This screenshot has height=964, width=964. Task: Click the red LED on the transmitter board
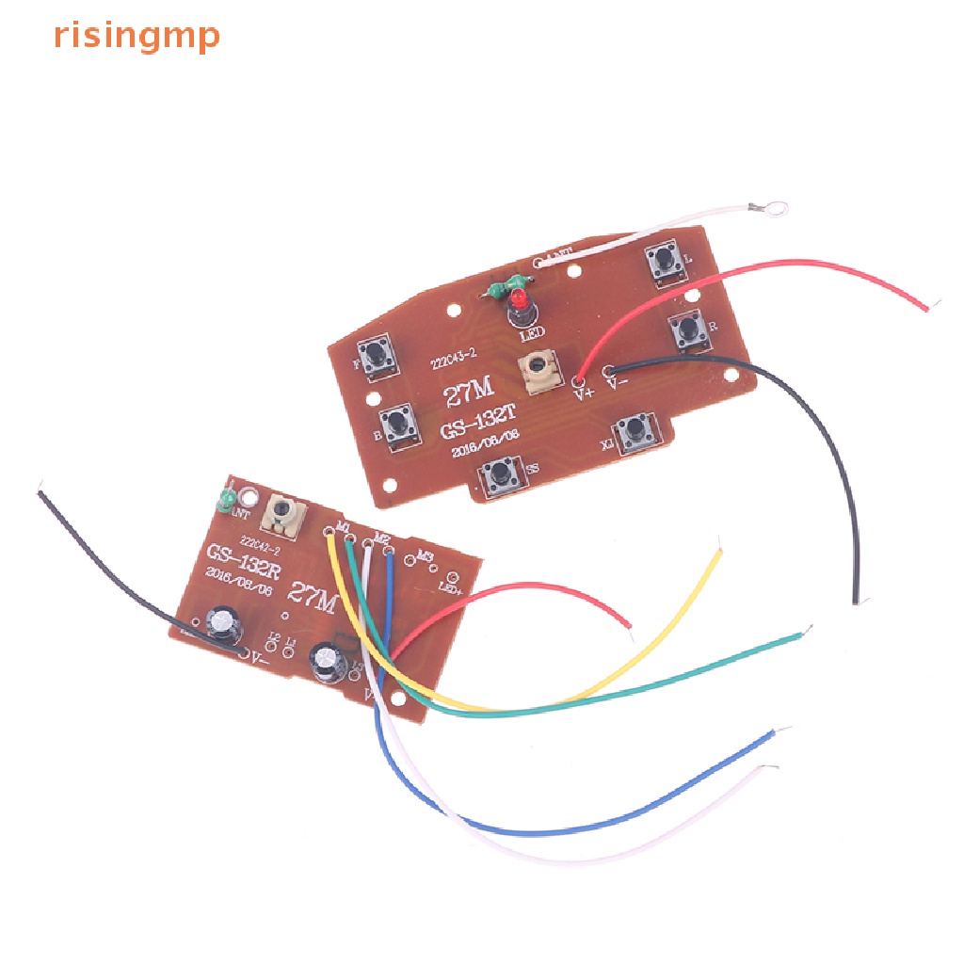point(518,302)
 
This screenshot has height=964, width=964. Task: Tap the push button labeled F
point(378,355)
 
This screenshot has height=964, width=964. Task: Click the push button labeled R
point(688,329)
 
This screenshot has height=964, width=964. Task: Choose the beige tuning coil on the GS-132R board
point(282,514)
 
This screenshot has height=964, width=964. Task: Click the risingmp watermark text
point(137,35)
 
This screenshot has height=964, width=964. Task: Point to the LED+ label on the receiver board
point(450,589)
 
